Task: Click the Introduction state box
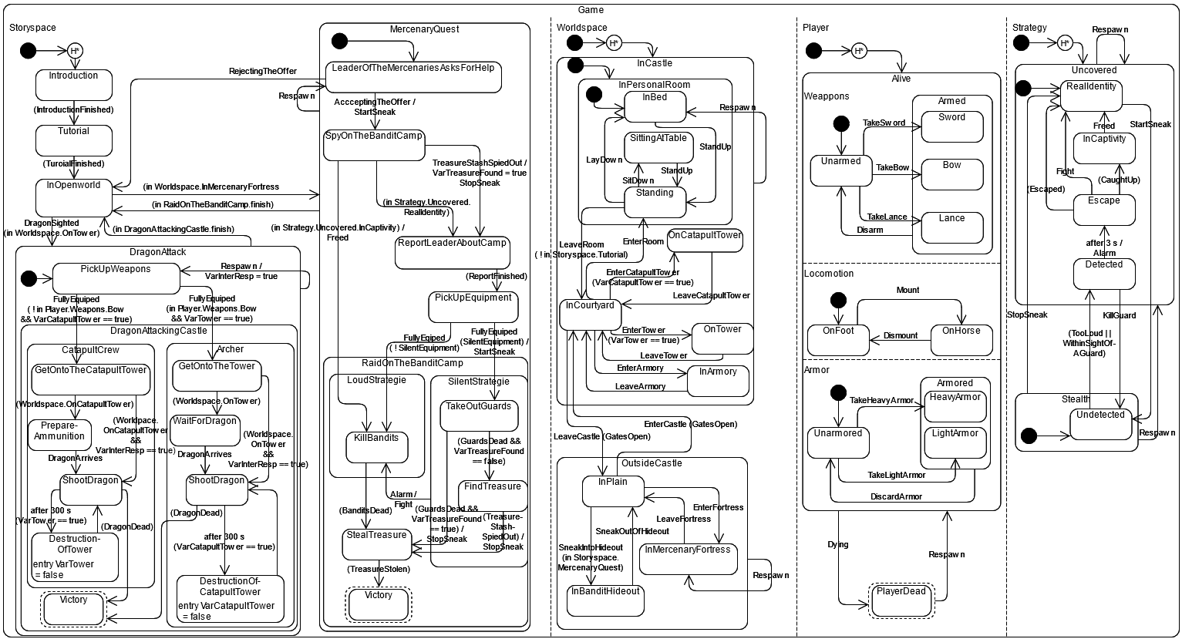click(x=74, y=85)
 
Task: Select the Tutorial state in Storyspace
click(x=74, y=140)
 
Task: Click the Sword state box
click(x=951, y=126)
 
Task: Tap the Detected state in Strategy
click(x=1104, y=273)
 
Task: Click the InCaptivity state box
click(x=1104, y=147)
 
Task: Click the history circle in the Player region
click(x=860, y=52)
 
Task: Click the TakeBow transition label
click(x=892, y=167)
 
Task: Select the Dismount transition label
click(x=901, y=335)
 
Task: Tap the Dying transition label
click(x=837, y=544)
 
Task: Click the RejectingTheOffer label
click(x=263, y=71)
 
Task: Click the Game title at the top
click(x=591, y=10)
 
